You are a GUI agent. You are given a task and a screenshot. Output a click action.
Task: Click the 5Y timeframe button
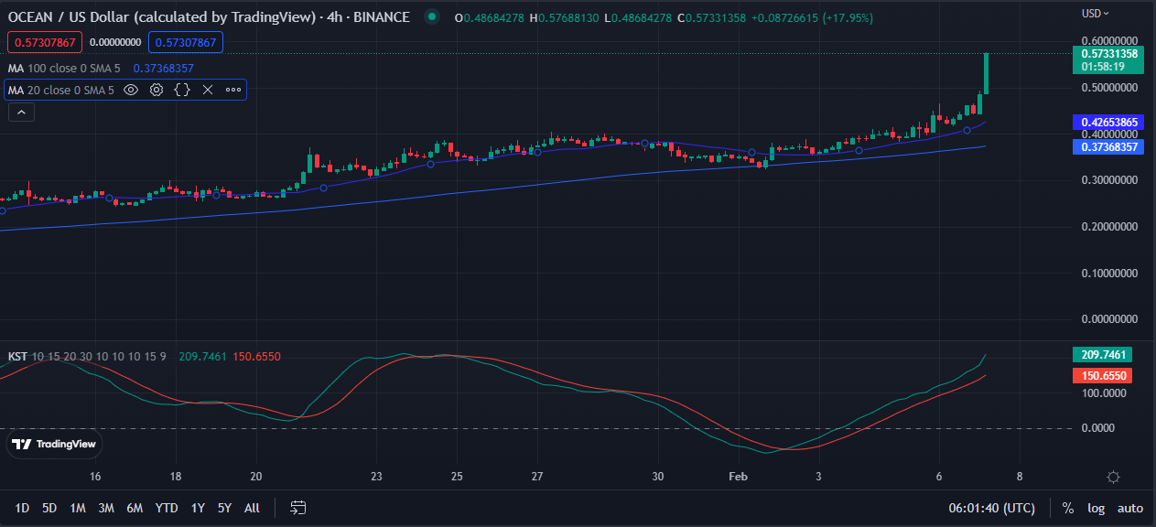[x=224, y=508]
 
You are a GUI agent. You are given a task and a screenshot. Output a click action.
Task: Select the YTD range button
[x=167, y=508]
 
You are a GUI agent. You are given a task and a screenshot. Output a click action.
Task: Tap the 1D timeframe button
[x=23, y=508]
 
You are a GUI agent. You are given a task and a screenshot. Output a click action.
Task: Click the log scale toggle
[x=1097, y=508]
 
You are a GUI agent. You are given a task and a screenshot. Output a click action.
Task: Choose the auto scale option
[x=1130, y=508]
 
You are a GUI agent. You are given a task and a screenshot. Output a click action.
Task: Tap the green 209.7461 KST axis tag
[x=1101, y=354]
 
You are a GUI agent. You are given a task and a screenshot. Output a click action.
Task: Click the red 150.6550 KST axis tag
[x=1101, y=376]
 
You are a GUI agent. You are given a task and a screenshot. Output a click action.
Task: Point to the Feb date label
[x=738, y=477]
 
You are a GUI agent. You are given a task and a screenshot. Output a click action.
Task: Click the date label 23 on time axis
[x=376, y=477]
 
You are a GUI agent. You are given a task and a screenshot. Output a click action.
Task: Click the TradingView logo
[x=54, y=445]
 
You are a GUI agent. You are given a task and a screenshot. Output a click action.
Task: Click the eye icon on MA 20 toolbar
[x=131, y=90]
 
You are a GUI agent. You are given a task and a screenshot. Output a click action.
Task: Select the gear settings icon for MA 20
[x=157, y=90]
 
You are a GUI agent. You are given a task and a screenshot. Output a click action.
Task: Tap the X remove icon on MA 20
[x=208, y=90]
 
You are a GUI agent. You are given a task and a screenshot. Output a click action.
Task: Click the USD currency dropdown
[x=1095, y=14]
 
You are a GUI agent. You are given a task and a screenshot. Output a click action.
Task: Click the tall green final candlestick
[x=986, y=73]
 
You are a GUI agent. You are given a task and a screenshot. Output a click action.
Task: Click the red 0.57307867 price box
[x=45, y=42]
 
